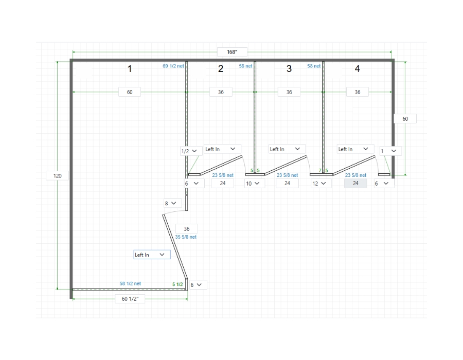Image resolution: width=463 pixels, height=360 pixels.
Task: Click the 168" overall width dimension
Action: click(x=232, y=52)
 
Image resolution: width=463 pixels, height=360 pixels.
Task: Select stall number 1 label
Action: click(x=130, y=69)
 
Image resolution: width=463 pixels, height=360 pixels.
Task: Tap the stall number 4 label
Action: click(x=358, y=69)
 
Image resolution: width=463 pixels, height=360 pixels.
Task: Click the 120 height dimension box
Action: click(x=58, y=176)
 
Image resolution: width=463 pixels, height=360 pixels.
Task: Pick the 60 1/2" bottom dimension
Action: click(x=130, y=299)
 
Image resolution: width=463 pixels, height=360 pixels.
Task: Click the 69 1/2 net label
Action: click(x=173, y=66)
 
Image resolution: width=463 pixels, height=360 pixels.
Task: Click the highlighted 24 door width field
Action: click(x=355, y=183)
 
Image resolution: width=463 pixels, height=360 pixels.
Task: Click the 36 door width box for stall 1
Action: click(x=186, y=229)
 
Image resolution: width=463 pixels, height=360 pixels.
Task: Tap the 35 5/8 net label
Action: click(x=186, y=237)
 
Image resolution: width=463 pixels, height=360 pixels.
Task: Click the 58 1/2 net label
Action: click(x=130, y=283)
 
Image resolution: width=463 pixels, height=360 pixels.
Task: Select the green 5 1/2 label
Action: click(x=177, y=284)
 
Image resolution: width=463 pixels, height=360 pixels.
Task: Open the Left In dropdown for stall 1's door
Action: click(x=152, y=255)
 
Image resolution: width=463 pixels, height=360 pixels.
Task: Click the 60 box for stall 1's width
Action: click(x=130, y=92)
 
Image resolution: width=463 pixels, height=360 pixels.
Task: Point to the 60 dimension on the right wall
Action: click(x=405, y=119)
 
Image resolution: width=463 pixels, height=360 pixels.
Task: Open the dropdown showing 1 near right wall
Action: click(x=389, y=151)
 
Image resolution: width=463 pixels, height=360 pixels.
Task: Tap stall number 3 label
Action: click(x=289, y=69)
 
